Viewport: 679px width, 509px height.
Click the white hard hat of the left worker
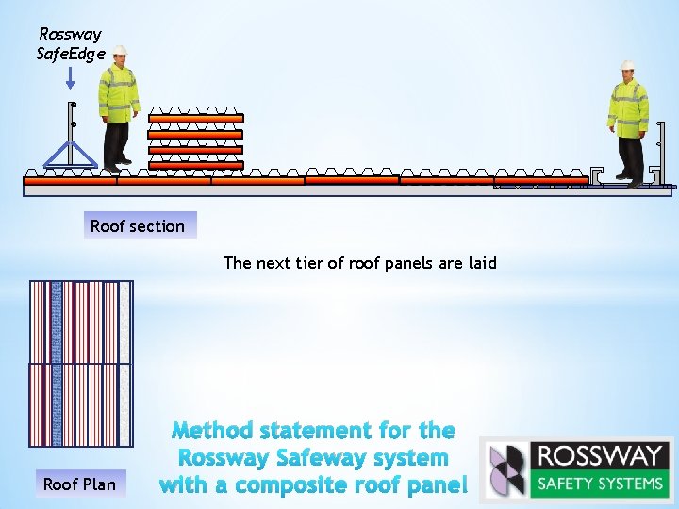coord(120,52)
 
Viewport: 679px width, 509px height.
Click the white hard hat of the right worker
coord(627,66)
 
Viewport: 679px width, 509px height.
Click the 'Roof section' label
coord(138,226)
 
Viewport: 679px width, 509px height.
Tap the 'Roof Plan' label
coord(80,484)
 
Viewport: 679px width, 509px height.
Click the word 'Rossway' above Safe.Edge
coord(70,34)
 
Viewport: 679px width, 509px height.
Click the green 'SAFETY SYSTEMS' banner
coord(600,484)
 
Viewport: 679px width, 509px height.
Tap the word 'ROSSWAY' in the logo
coord(600,456)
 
